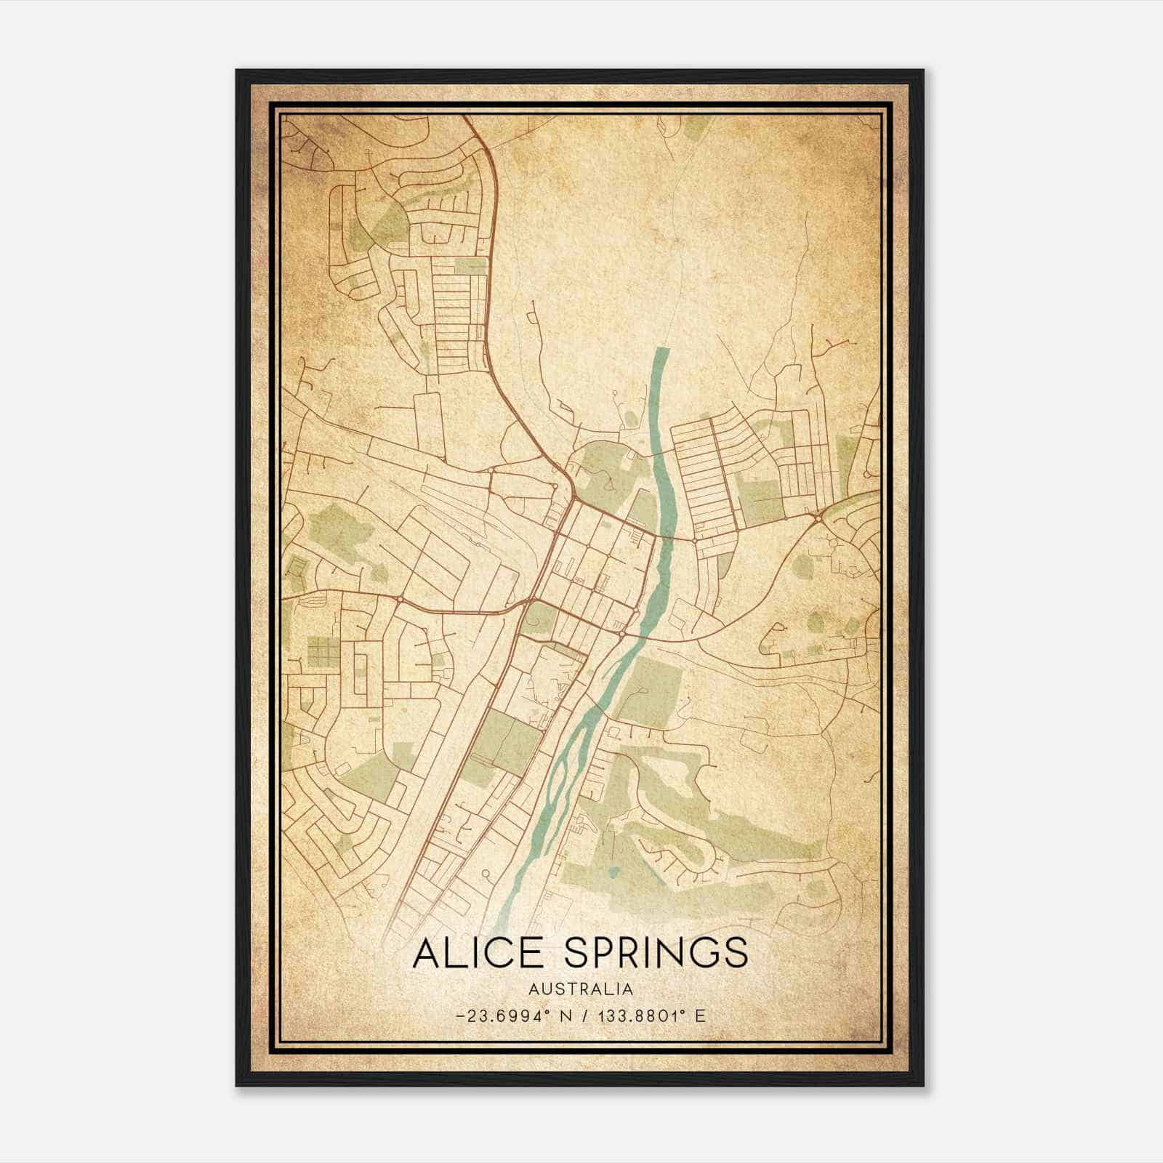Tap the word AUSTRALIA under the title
580,989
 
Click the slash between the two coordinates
583,1015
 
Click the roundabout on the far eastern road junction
818,518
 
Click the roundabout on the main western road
401,598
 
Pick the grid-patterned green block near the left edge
323,651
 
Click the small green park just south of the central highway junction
539,618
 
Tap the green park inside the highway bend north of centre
602,469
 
